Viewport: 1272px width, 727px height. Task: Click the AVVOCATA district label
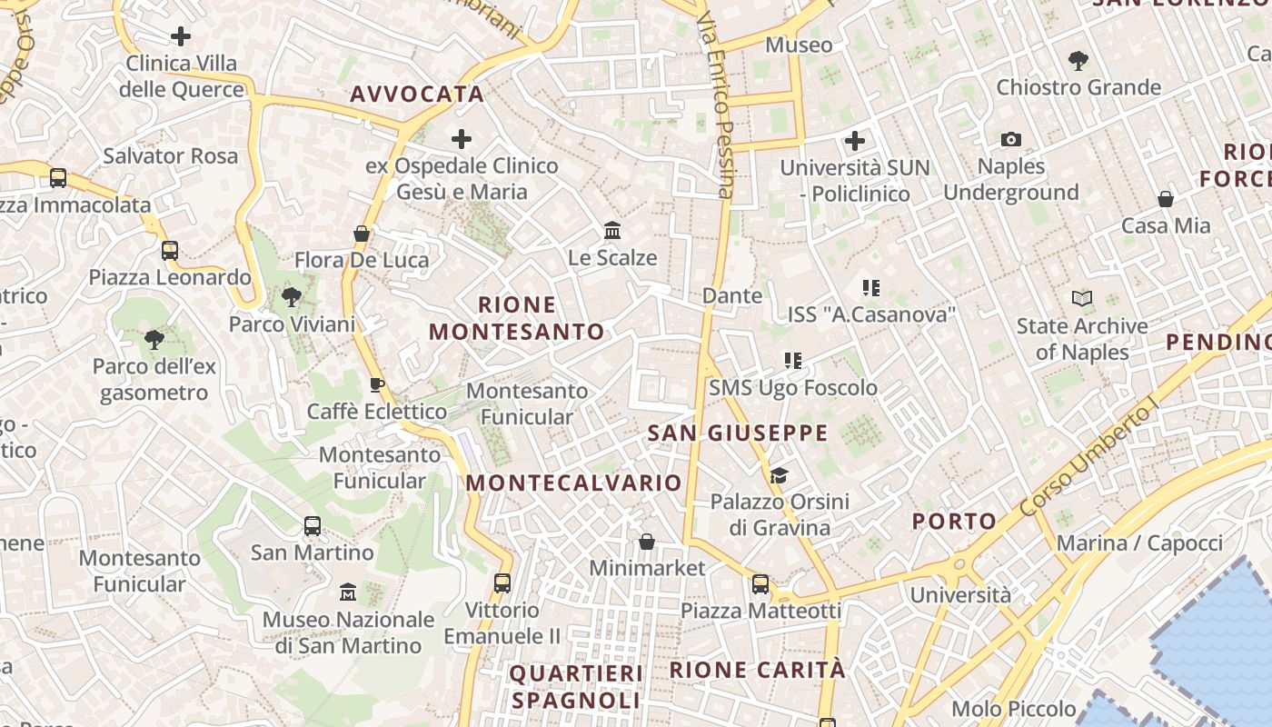tap(417, 94)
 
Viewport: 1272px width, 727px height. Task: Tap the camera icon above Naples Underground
tap(1010, 139)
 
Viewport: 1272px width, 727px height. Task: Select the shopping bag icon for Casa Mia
tap(1166, 199)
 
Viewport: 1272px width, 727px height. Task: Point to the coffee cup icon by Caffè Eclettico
tap(377, 384)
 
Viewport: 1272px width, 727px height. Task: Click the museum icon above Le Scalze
tap(612, 231)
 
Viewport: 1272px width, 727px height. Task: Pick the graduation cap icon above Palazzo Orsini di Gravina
tap(779, 475)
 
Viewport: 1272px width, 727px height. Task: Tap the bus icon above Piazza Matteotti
tap(760, 584)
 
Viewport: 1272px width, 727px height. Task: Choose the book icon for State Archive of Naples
tap(1081, 298)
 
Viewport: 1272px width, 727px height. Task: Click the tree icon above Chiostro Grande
tap(1078, 61)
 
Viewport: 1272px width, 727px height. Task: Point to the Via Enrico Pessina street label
tap(715, 105)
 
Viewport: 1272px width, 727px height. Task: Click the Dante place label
tap(732, 295)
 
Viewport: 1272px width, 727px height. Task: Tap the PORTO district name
tap(954, 522)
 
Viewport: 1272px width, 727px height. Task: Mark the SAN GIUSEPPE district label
tap(738, 433)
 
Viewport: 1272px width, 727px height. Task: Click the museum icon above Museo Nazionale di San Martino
tap(347, 593)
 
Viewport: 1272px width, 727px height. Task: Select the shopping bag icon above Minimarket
tap(647, 542)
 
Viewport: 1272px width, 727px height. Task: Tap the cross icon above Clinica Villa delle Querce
tap(181, 36)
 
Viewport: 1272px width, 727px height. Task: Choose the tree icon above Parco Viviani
tap(292, 296)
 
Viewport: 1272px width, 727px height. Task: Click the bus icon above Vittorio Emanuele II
tap(502, 583)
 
